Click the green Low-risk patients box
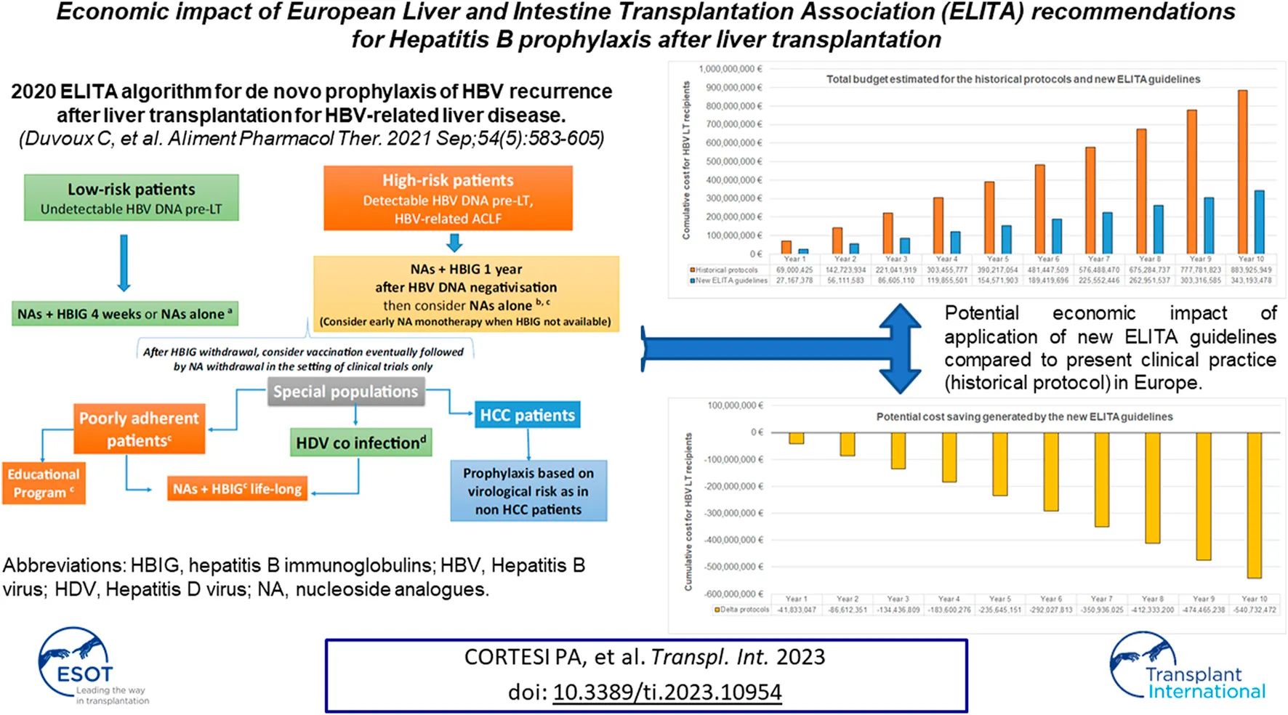pos(131,198)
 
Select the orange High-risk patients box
pos(448,198)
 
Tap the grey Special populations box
pos(345,392)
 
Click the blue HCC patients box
pos(527,415)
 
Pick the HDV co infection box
pos(361,443)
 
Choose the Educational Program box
pos(44,483)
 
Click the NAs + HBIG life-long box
pos(237,489)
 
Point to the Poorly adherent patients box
pos(139,429)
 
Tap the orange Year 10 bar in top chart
pos(1242,171)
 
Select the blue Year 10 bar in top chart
pos(1260,222)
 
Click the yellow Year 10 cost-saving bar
pos(1254,505)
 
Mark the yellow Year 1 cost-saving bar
pos(797,437)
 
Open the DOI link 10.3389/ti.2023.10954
pos(667,692)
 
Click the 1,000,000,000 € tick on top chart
pos(730,69)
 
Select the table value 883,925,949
pos(1251,270)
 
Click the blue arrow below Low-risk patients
pos(124,262)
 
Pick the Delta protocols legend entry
pos(742,610)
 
